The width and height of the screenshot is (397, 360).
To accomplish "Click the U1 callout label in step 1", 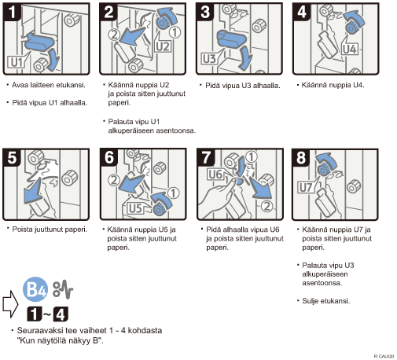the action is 17,62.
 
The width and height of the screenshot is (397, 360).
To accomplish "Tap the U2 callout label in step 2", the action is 163,46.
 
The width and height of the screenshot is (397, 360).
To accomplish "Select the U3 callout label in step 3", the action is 209,59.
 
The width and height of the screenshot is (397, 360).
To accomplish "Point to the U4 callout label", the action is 350,49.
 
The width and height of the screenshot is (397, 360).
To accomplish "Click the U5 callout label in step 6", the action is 135,208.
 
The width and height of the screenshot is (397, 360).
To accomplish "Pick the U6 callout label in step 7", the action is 215,174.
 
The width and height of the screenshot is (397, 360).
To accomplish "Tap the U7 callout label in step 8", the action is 306,188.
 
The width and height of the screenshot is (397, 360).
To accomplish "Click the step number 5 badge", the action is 12,158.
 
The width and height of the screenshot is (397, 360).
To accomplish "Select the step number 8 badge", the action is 301,158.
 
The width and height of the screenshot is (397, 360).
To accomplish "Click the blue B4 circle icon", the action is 35,289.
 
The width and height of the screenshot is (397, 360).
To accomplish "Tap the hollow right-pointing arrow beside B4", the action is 10,304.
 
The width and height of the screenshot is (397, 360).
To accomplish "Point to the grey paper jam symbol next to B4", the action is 63,289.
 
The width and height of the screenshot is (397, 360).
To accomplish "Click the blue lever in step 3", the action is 231,39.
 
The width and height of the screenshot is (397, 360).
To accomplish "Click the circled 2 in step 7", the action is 267,207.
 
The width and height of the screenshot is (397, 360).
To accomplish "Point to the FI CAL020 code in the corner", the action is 384,356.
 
